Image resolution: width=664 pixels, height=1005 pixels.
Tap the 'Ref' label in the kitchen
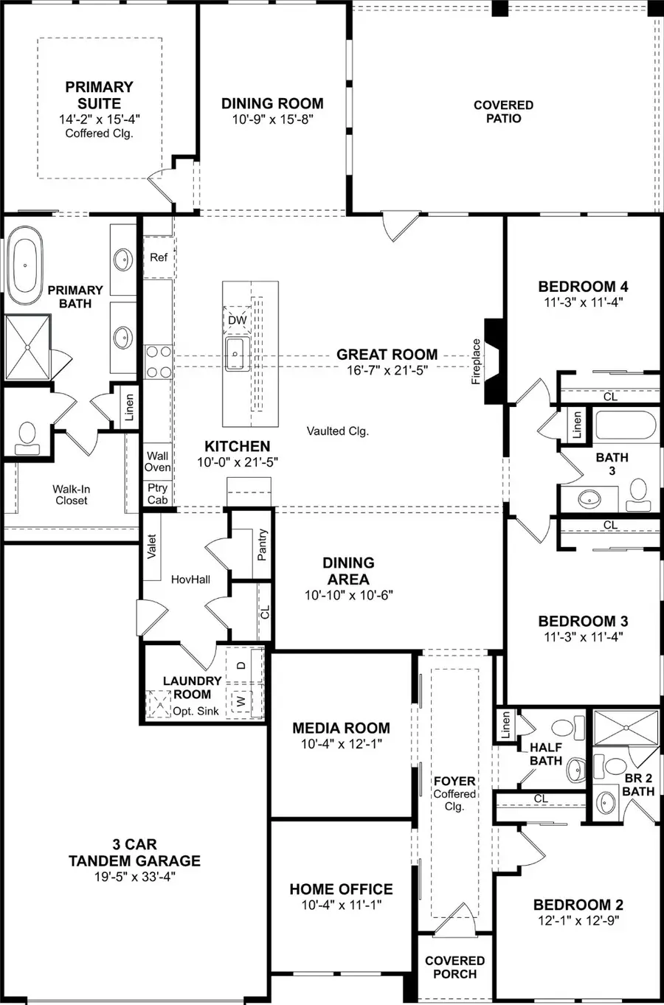pyautogui.click(x=159, y=257)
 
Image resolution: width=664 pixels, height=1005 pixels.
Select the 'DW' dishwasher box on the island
pyautogui.click(x=237, y=320)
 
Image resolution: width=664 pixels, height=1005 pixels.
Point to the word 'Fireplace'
pyautogui.click(x=477, y=361)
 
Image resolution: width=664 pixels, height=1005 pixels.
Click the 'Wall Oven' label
pyautogui.click(x=157, y=462)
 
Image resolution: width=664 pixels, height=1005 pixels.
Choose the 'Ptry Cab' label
pyautogui.click(x=157, y=493)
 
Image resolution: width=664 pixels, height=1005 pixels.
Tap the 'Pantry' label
pyautogui.click(x=263, y=545)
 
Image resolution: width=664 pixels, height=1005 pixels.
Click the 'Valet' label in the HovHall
pyautogui.click(x=153, y=546)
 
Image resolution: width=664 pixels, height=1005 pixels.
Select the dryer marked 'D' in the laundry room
pyautogui.click(x=241, y=665)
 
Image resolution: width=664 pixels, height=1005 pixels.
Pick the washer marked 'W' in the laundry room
pyautogui.click(x=239, y=701)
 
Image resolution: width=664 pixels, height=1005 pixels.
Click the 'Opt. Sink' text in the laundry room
pyautogui.click(x=196, y=712)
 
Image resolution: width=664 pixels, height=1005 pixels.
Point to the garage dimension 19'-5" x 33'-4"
pyautogui.click(x=134, y=877)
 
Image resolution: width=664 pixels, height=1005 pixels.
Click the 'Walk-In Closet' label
pyautogui.click(x=72, y=494)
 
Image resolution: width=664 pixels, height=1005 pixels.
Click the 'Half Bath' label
pyautogui.click(x=545, y=754)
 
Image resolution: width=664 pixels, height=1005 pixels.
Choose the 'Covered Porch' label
pyautogui.click(x=454, y=967)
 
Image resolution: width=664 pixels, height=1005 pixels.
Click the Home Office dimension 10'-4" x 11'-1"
pyautogui.click(x=341, y=905)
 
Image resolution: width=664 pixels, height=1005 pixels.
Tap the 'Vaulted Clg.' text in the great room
pyautogui.click(x=337, y=431)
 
